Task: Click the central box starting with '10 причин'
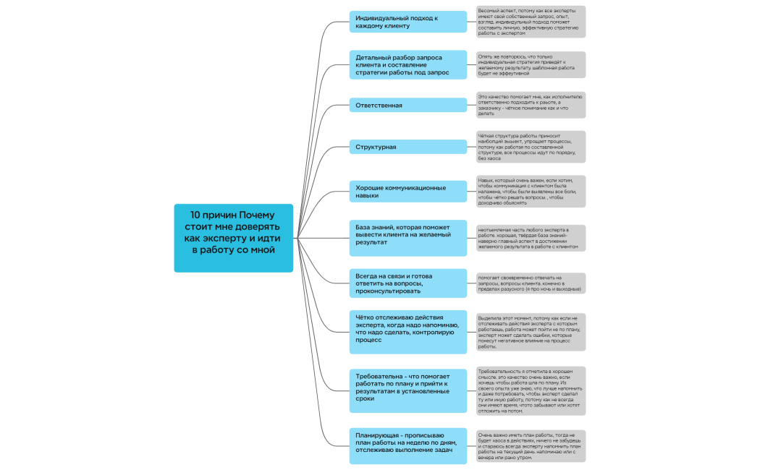coord(233,238)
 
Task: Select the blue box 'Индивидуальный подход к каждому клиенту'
coord(408,22)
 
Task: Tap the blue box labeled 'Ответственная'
coord(408,106)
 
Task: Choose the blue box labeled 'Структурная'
coord(408,147)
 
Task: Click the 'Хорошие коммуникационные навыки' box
coord(408,192)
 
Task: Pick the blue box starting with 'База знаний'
coord(408,238)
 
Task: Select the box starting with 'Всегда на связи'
coord(408,283)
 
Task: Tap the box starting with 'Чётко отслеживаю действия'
coord(408,332)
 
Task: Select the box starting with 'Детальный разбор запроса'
coord(408,64)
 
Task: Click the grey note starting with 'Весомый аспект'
coord(531,22)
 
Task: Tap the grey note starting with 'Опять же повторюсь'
coord(531,64)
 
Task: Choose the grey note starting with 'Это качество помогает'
coord(531,105)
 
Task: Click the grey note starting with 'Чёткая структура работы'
coord(531,147)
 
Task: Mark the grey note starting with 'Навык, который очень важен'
coord(531,192)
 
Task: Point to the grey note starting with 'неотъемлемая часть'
coord(531,238)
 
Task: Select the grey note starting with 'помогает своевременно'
coord(531,283)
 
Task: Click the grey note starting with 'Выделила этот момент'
coord(531,332)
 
